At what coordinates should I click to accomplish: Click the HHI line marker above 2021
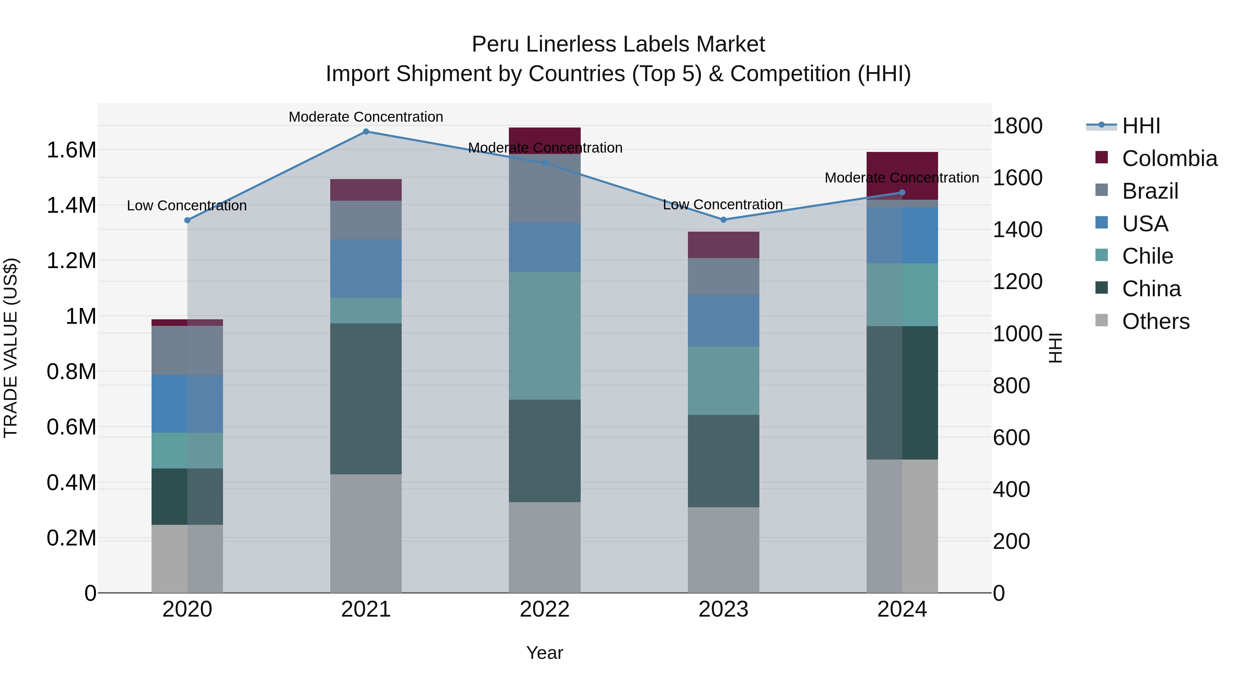pos(366,132)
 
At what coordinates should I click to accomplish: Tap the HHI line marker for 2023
pos(724,220)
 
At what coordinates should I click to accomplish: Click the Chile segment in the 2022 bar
pos(545,336)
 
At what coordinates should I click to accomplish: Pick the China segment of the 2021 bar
pos(366,399)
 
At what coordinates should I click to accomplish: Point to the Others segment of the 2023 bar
pos(724,550)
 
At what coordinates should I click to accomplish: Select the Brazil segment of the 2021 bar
pos(366,220)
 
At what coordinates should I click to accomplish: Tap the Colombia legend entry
pos(1169,158)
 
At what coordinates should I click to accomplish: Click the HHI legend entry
pos(1140,126)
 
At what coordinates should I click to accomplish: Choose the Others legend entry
pos(1155,321)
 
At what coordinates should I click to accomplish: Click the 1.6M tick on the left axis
pos(71,150)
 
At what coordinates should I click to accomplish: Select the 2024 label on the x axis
pos(902,609)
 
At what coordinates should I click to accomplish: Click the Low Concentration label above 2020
pos(187,206)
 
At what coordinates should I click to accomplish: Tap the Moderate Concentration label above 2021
pos(366,117)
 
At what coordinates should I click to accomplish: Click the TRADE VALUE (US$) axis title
pos(11,348)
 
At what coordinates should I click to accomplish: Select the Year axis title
pos(545,653)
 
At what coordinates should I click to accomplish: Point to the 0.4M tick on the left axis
pos(71,483)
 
